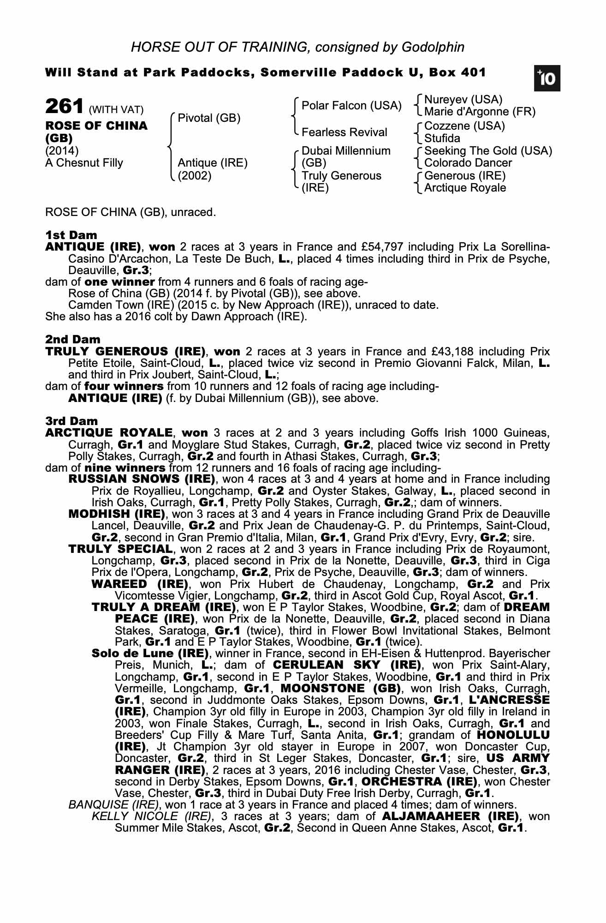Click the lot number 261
click(64, 107)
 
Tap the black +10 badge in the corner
click(547, 79)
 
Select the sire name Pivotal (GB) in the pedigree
click(209, 118)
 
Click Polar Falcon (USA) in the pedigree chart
click(351, 106)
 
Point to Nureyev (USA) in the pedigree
click(463, 100)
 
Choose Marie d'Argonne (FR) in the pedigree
click(480, 112)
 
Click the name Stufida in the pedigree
click(442, 138)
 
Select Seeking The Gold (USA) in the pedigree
click(488, 151)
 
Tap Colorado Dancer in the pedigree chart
click(468, 163)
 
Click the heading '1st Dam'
click(71, 235)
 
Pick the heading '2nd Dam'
click(73, 340)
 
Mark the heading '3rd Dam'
click(72, 421)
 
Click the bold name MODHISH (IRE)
click(117, 514)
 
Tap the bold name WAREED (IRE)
click(140, 584)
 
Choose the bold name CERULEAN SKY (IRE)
click(346, 665)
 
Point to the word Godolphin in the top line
click(433, 47)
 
